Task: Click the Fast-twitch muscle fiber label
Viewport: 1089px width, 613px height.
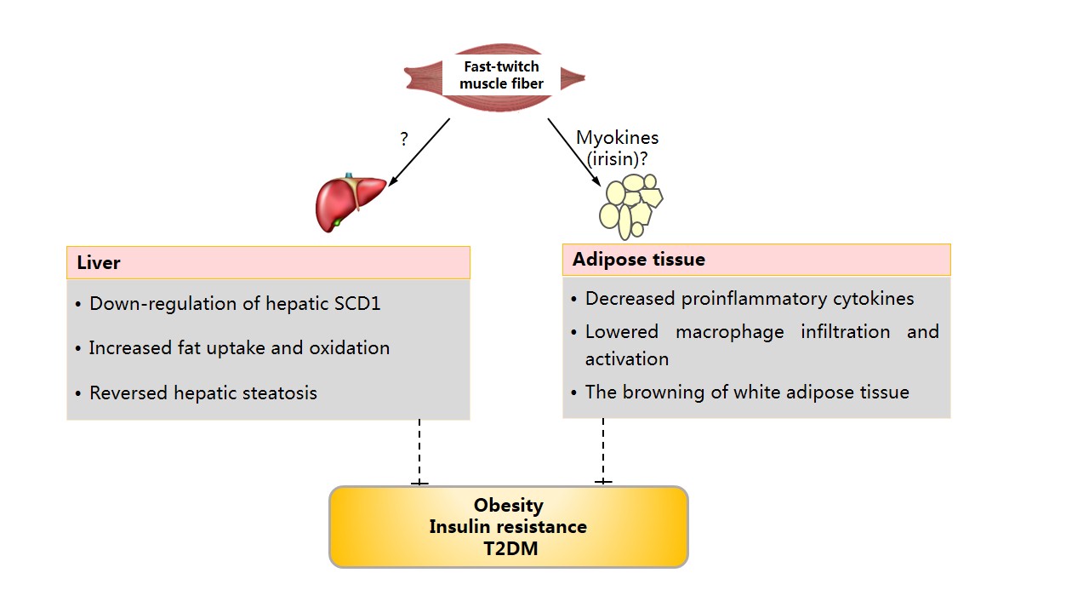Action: click(x=500, y=75)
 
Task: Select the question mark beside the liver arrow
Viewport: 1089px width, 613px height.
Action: click(x=404, y=139)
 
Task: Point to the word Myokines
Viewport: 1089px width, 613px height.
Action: click(x=617, y=137)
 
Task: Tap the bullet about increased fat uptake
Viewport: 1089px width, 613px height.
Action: click(x=239, y=347)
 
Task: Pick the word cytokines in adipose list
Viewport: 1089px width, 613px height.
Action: click(x=872, y=299)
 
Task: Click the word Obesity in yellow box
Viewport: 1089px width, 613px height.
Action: click(x=508, y=506)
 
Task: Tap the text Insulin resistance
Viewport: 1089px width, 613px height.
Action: click(x=508, y=526)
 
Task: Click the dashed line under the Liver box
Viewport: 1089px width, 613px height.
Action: click(x=419, y=451)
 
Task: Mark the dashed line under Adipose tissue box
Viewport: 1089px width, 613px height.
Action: click(x=603, y=450)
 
